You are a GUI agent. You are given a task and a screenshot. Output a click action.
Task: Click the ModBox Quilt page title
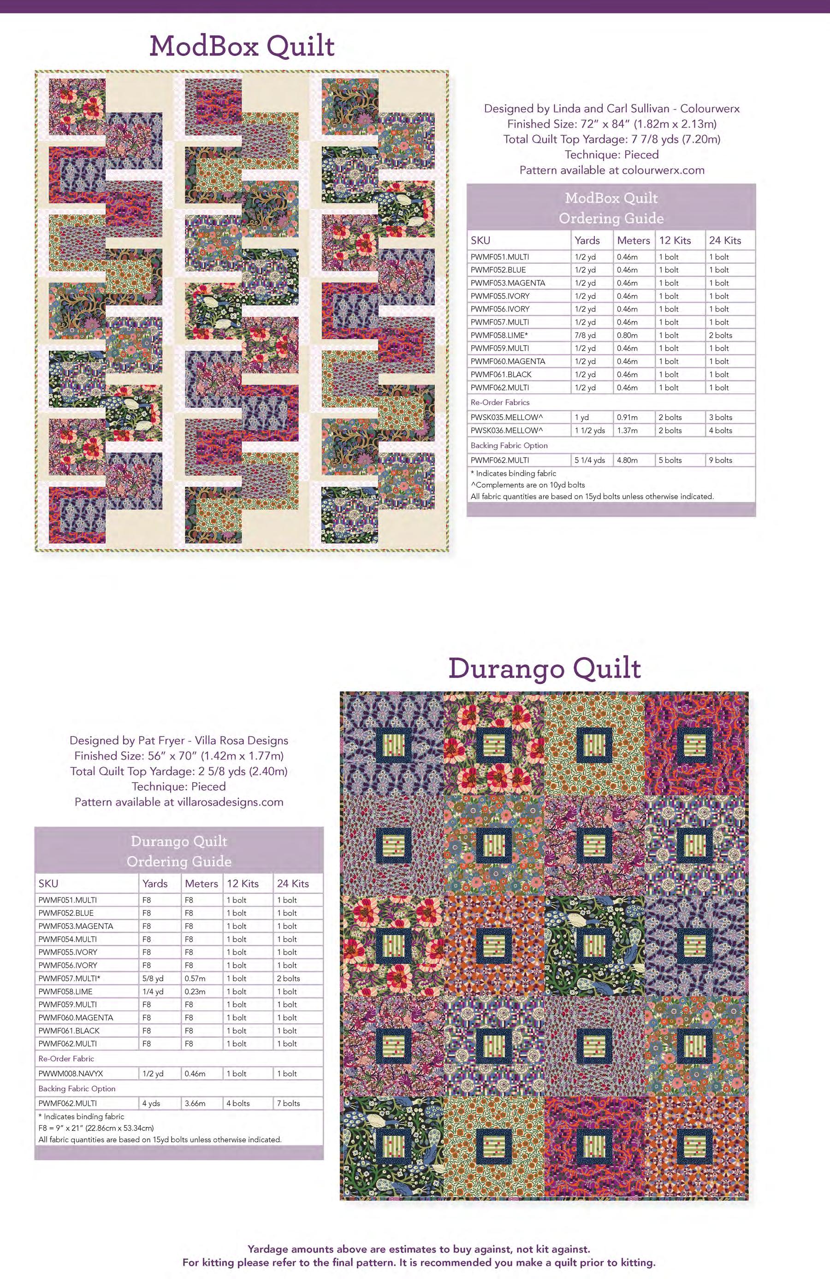tap(242, 46)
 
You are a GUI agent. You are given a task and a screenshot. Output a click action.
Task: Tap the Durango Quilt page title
tap(544, 668)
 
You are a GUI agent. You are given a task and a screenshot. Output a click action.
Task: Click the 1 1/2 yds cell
tap(590, 430)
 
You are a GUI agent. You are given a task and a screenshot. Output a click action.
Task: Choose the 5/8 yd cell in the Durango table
tap(153, 978)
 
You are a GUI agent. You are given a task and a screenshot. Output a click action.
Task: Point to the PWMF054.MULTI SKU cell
tap(68, 939)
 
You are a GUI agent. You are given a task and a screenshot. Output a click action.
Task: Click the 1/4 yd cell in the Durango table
tap(153, 991)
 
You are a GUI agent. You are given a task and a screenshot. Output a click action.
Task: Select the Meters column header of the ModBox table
tap(633, 240)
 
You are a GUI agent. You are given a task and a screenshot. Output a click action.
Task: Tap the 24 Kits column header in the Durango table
tap(293, 884)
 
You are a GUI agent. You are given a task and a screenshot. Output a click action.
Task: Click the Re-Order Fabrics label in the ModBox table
tap(500, 402)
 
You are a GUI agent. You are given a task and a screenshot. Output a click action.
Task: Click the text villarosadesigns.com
tap(228, 802)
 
